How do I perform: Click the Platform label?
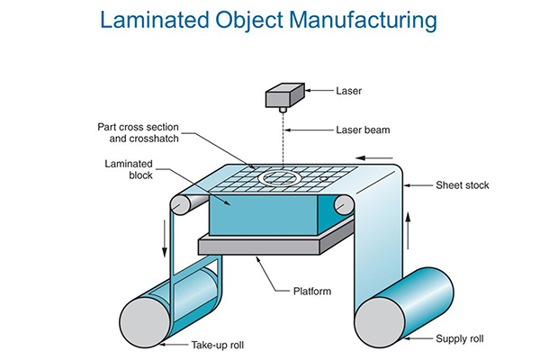pos(300,290)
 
